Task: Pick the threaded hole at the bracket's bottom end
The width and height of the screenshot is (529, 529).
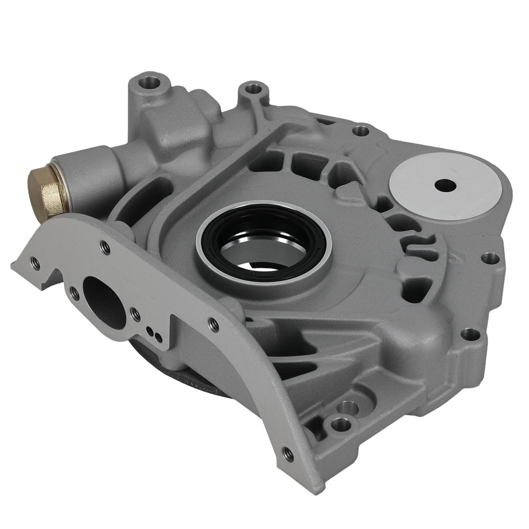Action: [288, 453]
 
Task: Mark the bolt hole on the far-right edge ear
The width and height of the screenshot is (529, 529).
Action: [490, 258]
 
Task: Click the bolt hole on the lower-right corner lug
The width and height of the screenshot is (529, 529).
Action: [469, 334]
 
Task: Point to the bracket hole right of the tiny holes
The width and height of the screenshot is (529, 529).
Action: [213, 324]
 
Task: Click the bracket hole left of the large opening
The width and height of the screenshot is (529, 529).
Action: [75, 290]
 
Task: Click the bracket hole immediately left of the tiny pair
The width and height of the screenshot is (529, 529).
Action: [135, 313]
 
